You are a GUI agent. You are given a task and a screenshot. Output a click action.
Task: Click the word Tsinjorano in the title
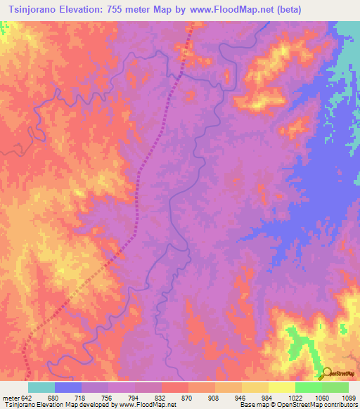pos(34,9)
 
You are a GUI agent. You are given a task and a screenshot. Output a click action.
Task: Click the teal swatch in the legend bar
pos(41,387)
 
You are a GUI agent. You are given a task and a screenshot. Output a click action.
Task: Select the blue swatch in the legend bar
pos(68,387)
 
